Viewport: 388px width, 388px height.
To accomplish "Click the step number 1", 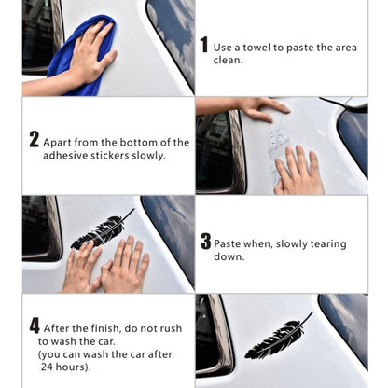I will pyautogui.click(x=204, y=45).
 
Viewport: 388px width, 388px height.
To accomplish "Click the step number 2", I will pyautogui.click(x=35, y=140).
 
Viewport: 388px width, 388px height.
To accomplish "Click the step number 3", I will pyautogui.click(x=205, y=242).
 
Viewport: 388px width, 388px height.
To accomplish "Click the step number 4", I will pyautogui.click(x=35, y=326).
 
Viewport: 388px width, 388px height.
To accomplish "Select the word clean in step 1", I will pyautogui.click(x=229, y=60).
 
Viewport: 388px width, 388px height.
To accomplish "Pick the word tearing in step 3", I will pyautogui.click(x=326, y=243).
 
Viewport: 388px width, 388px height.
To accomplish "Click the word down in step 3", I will pyautogui.click(x=229, y=257).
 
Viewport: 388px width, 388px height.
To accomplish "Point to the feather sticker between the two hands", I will pyautogui.click(x=101, y=229).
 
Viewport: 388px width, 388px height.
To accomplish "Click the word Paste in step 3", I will pyautogui.click(x=229, y=243).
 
